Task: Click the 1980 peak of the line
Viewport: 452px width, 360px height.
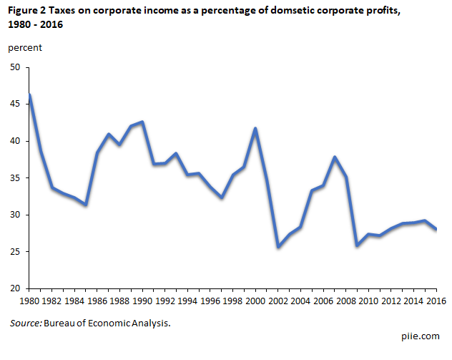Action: click(29, 94)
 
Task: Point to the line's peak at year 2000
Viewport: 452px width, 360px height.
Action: click(256, 128)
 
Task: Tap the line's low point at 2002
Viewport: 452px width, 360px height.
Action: click(278, 247)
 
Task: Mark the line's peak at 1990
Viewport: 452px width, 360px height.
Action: click(143, 122)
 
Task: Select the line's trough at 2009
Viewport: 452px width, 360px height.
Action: click(358, 245)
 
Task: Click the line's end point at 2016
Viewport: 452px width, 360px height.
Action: click(437, 229)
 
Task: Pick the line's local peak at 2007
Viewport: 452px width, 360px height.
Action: click(335, 157)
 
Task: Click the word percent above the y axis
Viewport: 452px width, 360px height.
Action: click(25, 48)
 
